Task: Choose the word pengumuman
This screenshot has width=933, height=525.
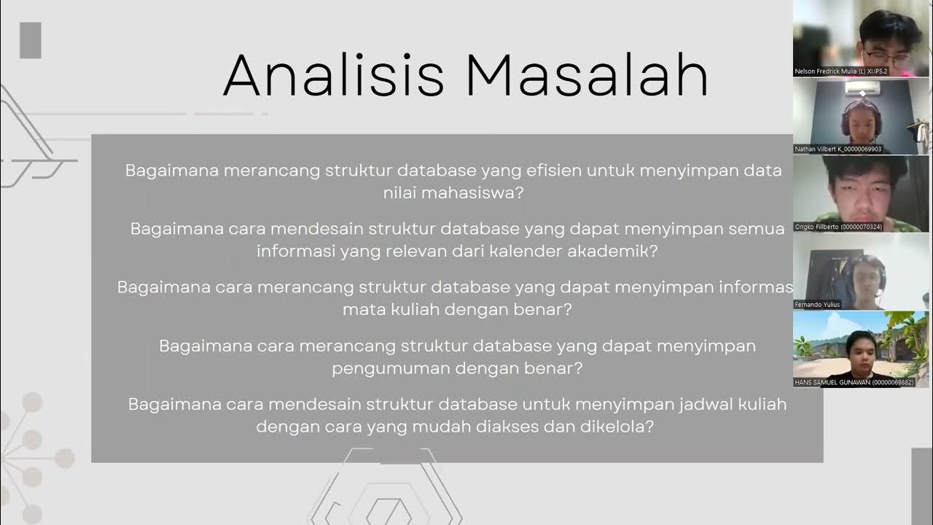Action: point(390,368)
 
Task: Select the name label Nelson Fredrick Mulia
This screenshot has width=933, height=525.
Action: point(841,71)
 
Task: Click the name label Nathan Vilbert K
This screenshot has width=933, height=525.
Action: point(838,149)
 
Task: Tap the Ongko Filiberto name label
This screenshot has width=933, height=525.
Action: point(838,227)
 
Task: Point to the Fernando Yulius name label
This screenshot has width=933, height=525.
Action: point(819,305)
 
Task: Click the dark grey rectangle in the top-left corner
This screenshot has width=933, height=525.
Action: point(31,40)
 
